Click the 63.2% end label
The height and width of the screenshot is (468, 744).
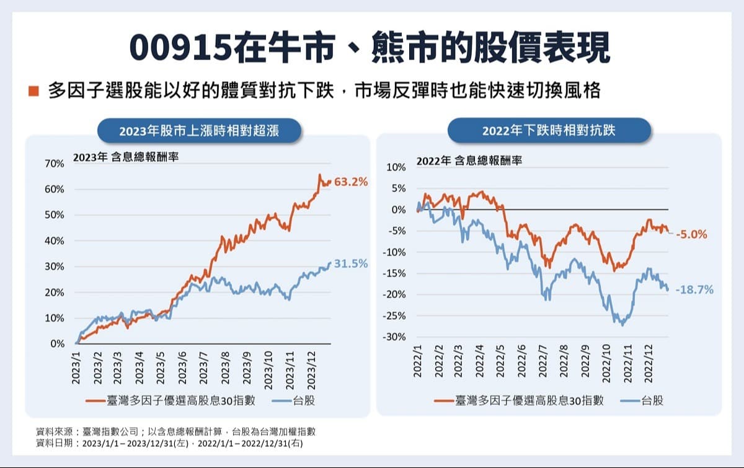tap(351, 182)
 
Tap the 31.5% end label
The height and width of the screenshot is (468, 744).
tap(351, 264)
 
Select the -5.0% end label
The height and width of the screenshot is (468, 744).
tap(691, 235)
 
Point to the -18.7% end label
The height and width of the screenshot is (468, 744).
tap(694, 289)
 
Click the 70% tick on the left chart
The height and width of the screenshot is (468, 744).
tap(55, 164)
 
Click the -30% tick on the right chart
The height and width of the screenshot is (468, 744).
tap(395, 337)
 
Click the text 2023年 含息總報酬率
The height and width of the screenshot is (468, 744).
tap(126, 157)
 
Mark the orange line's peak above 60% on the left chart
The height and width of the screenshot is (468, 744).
tap(320, 175)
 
